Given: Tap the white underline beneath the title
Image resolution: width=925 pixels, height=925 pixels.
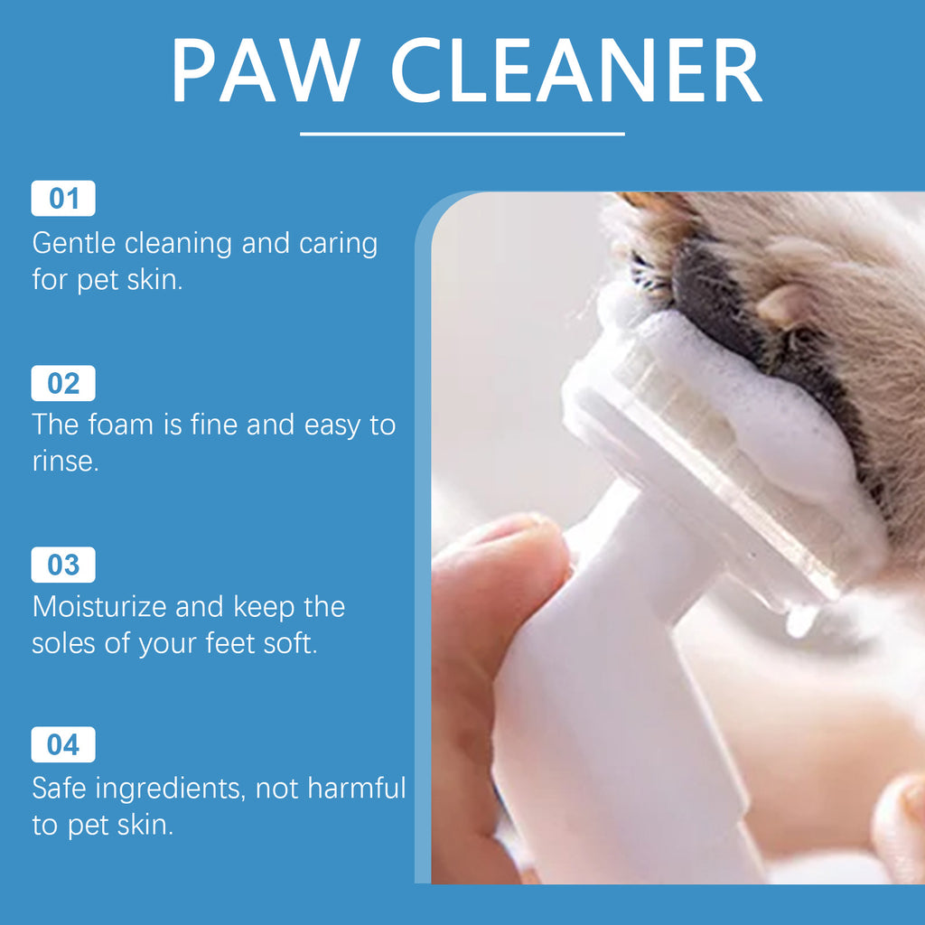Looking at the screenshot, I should tap(462, 134).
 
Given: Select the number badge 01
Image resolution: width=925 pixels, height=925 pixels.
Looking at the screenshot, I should tap(63, 199).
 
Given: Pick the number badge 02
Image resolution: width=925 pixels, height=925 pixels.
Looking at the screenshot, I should tap(63, 384).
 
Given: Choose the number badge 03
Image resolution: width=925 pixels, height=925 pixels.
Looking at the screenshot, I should tap(63, 565).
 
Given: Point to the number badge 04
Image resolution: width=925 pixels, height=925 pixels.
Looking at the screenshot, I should tap(63, 745).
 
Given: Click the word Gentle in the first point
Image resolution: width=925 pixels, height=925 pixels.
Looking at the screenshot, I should tap(74, 244).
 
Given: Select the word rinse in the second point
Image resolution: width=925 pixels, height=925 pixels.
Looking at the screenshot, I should tap(62, 462).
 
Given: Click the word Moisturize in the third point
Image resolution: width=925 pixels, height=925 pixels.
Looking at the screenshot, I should tap(99, 606).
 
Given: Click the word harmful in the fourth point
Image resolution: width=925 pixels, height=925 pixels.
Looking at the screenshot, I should tap(357, 788).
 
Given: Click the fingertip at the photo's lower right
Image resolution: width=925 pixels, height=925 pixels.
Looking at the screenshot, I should tap(903, 822).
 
